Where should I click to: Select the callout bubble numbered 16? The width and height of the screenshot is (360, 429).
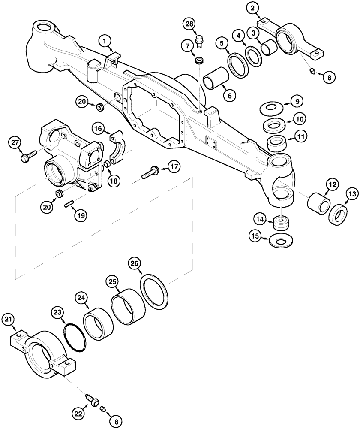98,128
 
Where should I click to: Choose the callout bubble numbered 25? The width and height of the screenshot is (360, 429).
113,282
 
